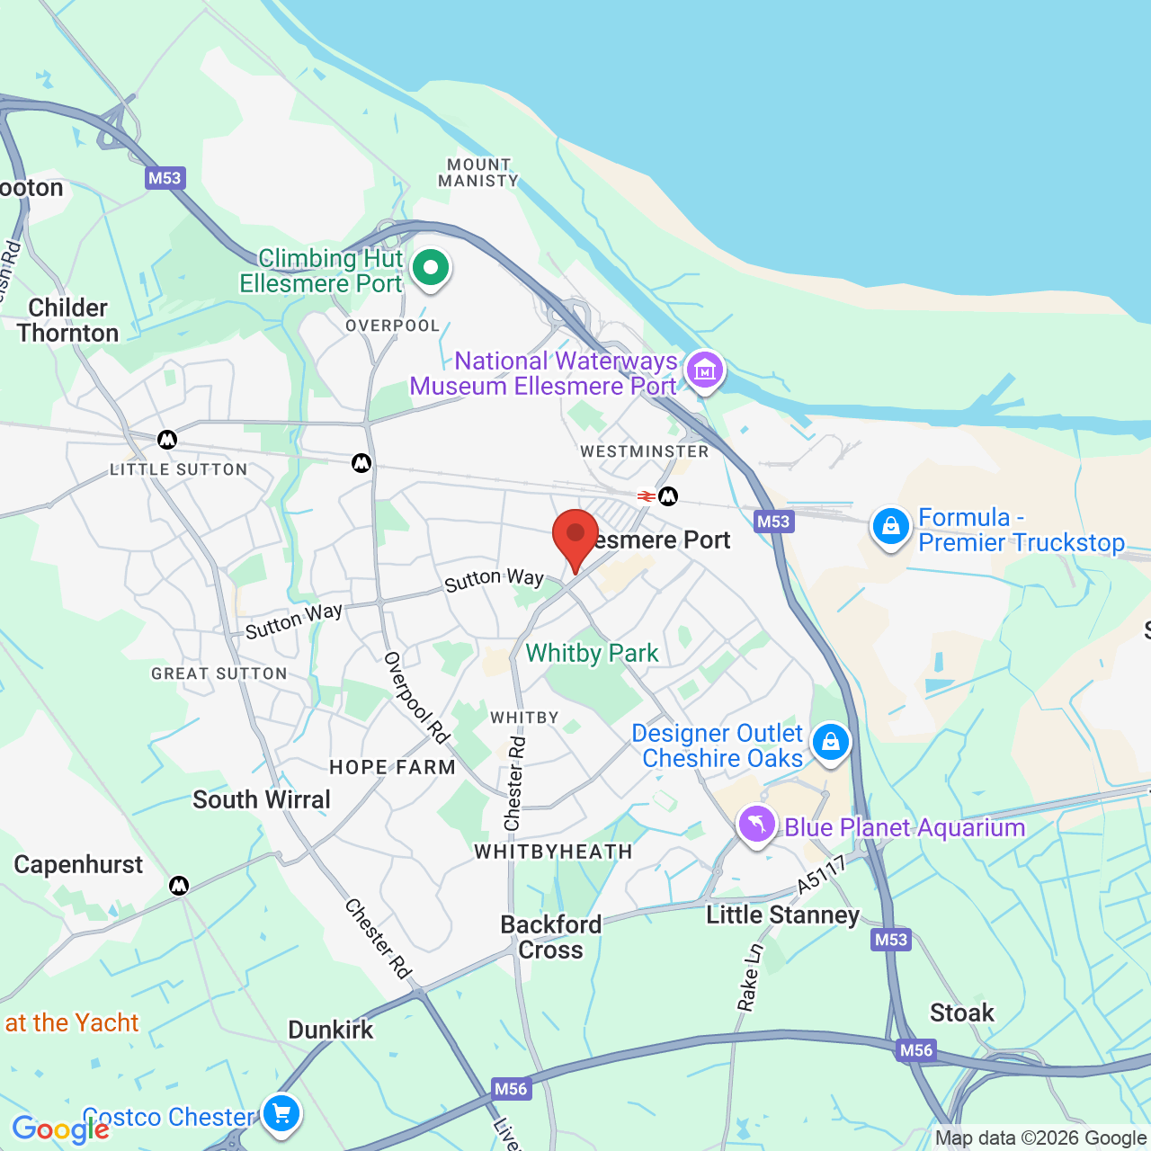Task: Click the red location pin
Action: pyautogui.click(x=575, y=533)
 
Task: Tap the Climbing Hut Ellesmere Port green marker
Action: pyautogui.click(x=431, y=268)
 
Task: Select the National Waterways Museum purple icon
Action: pyautogui.click(x=704, y=370)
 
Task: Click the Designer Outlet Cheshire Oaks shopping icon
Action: pyautogui.click(x=830, y=743)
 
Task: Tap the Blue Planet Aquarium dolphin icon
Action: pyautogui.click(x=756, y=824)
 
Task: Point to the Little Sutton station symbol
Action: pyautogui.click(x=167, y=440)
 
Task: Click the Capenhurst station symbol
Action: pyautogui.click(x=179, y=886)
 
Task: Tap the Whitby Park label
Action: pyautogui.click(x=592, y=653)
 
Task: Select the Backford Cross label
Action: pyautogui.click(x=550, y=937)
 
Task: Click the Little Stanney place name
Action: pyautogui.click(x=782, y=915)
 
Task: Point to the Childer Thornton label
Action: pyautogui.click(x=67, y=320)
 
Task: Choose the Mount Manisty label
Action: pyautogui.click(x=478, y=173)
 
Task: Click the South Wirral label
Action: pyautogui.click(x=262, y=799)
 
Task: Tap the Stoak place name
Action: pyautogui.click(x=961, y=1013)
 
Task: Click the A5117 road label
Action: pyautogui.click(x=822, y=874)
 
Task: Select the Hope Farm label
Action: pyautogui.click(x=392, y=767)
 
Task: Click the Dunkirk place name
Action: pyautogui.click(x=330, y=1030)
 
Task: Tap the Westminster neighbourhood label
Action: pyautogui.click(x=644, y=451)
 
